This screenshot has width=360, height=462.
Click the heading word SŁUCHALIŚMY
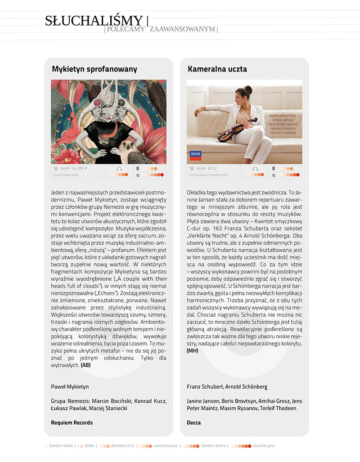(x=94, y=21)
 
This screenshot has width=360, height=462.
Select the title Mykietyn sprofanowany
(x=94, y=69)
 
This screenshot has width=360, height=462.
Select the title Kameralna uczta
(x=217, y=69)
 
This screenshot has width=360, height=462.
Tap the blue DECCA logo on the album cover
(x=196, y=155)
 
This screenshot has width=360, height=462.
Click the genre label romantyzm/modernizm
(x=208, y=175)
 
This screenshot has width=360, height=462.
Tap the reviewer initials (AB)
(x=85, y=365)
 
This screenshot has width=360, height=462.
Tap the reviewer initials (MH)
(x=192, y=350)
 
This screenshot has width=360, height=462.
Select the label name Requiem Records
(x=72, y=422)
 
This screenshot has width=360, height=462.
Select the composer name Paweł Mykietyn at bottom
(x=70, y=386)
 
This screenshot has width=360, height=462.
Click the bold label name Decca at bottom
(x=193, y=422)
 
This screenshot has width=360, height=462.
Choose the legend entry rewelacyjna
(x=264, y=446)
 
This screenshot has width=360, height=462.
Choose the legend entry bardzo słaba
(x=62, y=446)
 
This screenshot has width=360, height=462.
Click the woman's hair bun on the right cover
(x=249, y=90)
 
